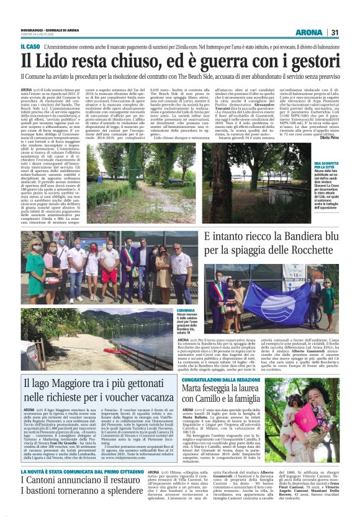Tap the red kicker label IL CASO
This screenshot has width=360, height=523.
coord(30,46)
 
